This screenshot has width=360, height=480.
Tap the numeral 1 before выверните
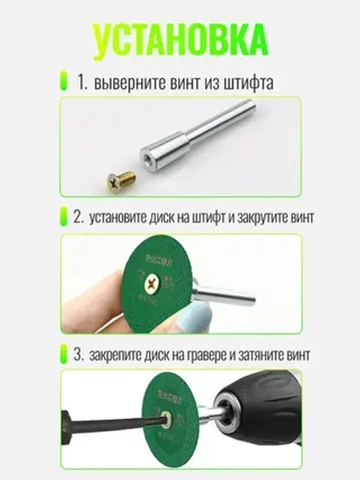[x=80, y=82]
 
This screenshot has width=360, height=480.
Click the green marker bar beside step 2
[x=64, y=217]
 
